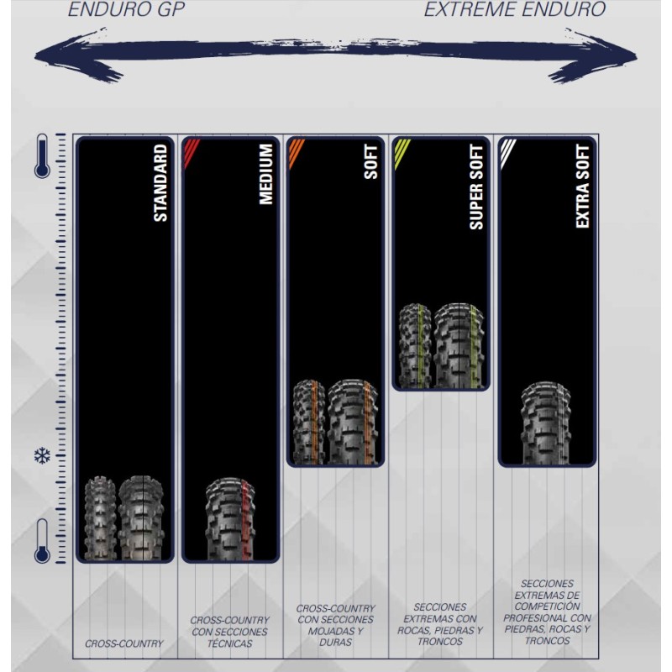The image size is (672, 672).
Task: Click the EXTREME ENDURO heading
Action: coord(514,10)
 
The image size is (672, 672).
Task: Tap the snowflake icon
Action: coord(41,456)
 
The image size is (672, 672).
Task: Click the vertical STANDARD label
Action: coord(160,183)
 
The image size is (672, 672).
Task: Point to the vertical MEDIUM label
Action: coord(266,175)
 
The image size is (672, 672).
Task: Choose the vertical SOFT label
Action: coord(372,162)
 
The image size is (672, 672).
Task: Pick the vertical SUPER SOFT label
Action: coord(477,186)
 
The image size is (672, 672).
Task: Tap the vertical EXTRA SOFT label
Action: coord(583,186)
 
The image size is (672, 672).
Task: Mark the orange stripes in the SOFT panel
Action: coord(297,152)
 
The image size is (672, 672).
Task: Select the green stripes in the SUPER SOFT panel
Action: coord(403,152)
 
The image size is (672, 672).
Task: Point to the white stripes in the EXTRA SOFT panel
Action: coord(509,152)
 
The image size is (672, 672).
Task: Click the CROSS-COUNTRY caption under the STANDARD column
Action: coord(124,644)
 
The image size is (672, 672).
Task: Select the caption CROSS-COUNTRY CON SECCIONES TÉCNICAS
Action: coord(229,632)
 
